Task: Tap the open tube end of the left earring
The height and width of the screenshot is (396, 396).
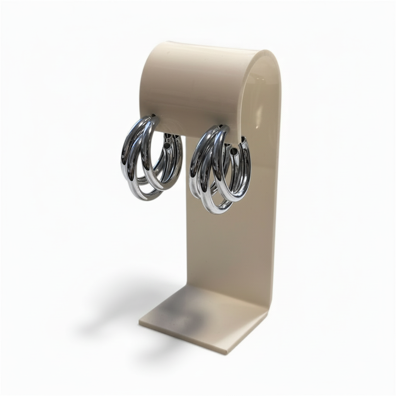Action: pos(167,146)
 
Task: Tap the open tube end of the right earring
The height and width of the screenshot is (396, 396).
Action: pos(234,152)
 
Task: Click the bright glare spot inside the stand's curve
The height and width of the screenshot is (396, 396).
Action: pos(258,116)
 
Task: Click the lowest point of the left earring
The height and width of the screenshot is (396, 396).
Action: pos(145,199)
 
